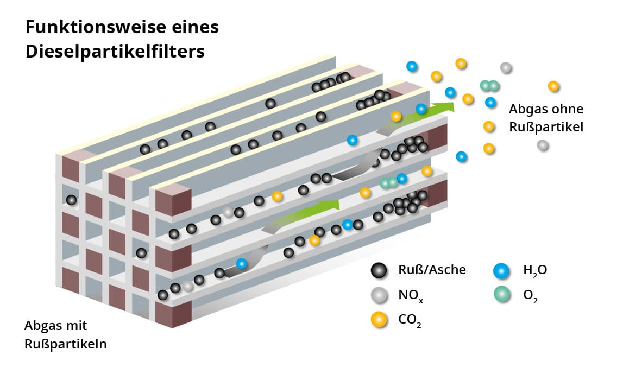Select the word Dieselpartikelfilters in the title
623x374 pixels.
pyautogui.click(x=115, y=51)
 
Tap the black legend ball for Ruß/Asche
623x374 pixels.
pyautogui.click(x=379, y=270)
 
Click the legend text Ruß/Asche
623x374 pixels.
pyautogui.click(x=432, y=270)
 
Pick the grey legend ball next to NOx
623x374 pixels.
pyautogui.click(x=379, y=296)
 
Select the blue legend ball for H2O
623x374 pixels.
pyautogui.click(x=501, y=270)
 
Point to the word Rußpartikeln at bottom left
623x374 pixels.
pyautogui.click(x=65, y=344)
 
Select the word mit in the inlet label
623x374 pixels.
pyautogui.click(x=77, y=326)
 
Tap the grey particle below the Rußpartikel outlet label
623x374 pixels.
pyautogui.click(x=542, y=145)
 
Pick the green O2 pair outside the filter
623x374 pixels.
pyautogui.click(x=489, y=86)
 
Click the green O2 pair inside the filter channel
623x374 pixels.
pyautogui.click(x=389, y=183)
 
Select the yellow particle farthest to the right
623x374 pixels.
pyautogui.click(x=553, y=86)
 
